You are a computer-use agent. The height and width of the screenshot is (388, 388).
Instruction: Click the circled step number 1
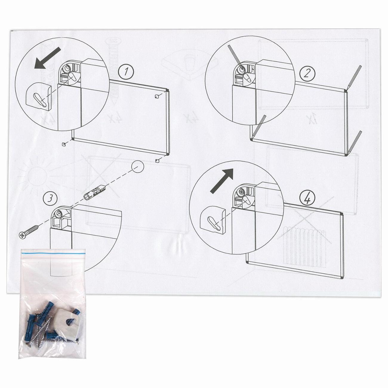coord(126,72)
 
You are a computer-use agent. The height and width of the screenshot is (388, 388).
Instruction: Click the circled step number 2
coord(307,73)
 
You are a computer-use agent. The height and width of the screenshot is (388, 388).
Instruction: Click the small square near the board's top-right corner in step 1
coord(156,96)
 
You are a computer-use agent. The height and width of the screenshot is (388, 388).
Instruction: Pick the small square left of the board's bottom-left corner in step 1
coord(64,144)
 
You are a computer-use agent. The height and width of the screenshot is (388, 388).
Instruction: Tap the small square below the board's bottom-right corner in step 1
coord(157,160)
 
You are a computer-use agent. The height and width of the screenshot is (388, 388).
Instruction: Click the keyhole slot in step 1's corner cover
coord(41,99)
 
